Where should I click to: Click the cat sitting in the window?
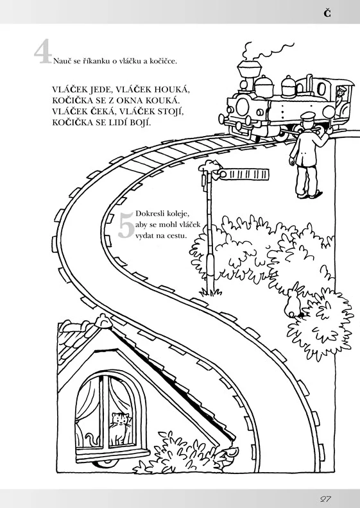tap(119, 428)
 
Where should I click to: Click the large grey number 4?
tap(43, 51)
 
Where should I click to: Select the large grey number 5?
tap(126, 225)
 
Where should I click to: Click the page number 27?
tap(325, 498)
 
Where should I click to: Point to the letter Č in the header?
tap(327, 13)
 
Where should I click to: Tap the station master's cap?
tap(308, 115)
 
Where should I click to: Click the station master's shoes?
tap(309, 195)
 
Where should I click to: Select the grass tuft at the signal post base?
tap(210, 292)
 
